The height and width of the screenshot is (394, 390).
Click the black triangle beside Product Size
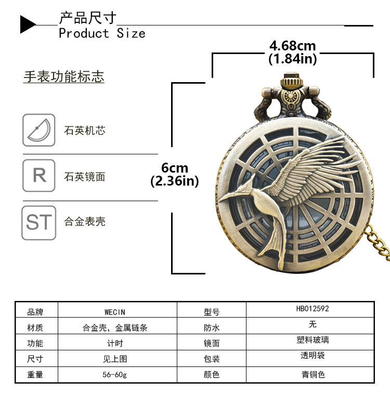(x=28, y=24)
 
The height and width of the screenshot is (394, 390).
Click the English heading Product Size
(x=102, y=34)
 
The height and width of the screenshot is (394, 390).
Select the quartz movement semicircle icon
(x=38, y=130)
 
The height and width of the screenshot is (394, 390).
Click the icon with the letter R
(x=38, y=176)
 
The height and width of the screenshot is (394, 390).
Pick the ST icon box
(x=38, y=222)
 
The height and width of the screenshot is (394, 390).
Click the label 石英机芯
(x=85, y=130)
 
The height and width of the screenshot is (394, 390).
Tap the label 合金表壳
(x=85, y=222)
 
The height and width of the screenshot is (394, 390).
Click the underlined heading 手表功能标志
(x=63, y=77)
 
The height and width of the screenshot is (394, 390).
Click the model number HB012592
(x=313, y=309)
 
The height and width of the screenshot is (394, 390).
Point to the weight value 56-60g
(x=115, y=374)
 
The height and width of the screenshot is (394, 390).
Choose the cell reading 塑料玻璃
(x=313, y=340)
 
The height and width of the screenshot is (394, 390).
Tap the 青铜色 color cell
(x=313, y=374)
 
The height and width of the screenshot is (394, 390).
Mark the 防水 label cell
(x=212, y=328)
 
